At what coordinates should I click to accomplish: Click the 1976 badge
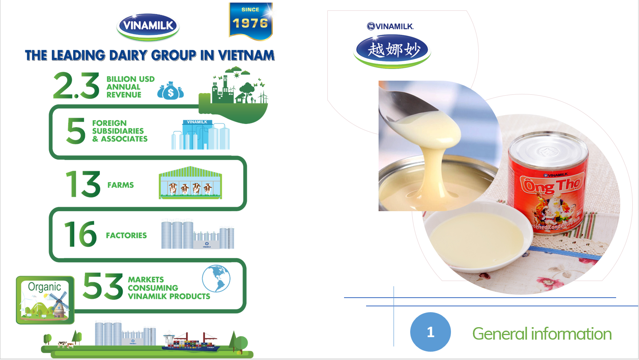(x=250, y=22)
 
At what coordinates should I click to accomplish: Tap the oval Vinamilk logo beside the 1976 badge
(x=148, y=26)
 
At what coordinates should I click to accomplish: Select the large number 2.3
(x=77, y=86)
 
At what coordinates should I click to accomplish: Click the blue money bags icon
(x=171, y=91)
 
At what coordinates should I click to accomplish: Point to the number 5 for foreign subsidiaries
(x=76, y=131)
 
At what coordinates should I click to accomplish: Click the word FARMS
(x=121, y=185)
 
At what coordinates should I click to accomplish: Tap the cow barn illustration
(x=190, y=183)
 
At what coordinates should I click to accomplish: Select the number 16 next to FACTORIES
(x=80, y=234)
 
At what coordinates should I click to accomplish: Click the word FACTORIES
(x=126, y=235)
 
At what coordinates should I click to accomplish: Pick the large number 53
(x=103, y=286)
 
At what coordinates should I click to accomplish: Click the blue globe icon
(x=216, y=279)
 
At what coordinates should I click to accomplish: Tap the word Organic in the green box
(x=45, y=287)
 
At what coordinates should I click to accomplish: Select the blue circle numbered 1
(x=431, y=332)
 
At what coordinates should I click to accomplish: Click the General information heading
(x=542, y=334)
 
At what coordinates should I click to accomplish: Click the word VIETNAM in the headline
(x=246, y=55)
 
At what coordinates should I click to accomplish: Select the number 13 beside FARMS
(x=83, y=184)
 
